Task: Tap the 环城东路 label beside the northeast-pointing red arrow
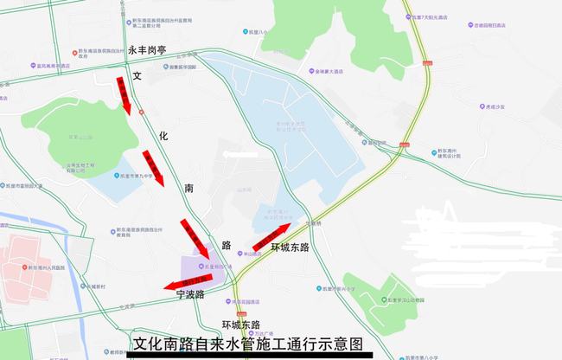(291, 247)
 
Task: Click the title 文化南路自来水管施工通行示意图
(252, 344)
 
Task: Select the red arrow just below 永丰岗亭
(124, 94)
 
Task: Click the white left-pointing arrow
(243, 153)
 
